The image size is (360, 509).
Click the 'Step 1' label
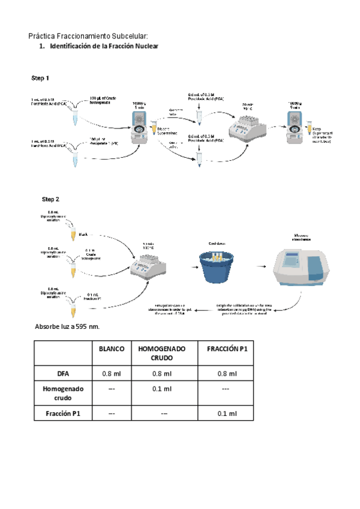coord(40,78)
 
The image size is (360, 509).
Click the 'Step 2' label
coord(50,199)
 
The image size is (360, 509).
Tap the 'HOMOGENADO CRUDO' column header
coord(161,353)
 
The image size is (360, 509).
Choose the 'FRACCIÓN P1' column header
coord(227,349)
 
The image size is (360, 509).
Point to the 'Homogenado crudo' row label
coord(64,393)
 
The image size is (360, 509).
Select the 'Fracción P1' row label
coord(64,414)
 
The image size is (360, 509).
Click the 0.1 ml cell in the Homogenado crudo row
coord(161,389)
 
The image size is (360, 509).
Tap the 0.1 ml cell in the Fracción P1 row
coord(227,414)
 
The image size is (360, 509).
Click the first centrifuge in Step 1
coord(140,124)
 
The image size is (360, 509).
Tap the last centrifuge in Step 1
coord(297,123)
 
